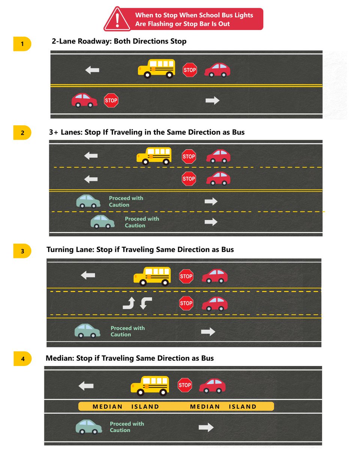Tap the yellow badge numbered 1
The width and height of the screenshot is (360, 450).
point(22,44)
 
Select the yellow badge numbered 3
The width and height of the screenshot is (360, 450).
point(22,251)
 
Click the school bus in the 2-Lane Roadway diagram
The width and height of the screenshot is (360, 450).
point(156,69)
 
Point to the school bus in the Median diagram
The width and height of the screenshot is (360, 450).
point(150,385)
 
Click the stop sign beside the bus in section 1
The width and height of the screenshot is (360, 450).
point(190,70)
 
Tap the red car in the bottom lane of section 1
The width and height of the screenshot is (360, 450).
point(84,100)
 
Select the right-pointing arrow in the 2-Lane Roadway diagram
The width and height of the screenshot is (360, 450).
point(213,100)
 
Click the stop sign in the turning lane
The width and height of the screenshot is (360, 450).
point(186,303)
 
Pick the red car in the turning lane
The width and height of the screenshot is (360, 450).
point(215,303)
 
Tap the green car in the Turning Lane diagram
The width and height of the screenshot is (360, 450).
point(87,331)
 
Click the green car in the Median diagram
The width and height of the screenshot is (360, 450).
point(89,427)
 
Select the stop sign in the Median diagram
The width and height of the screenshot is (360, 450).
point(184,385)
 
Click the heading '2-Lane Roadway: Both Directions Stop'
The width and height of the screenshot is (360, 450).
point(119,41)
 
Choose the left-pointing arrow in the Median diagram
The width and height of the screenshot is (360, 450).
point(86,386)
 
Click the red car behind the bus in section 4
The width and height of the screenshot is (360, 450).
point(212,385)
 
